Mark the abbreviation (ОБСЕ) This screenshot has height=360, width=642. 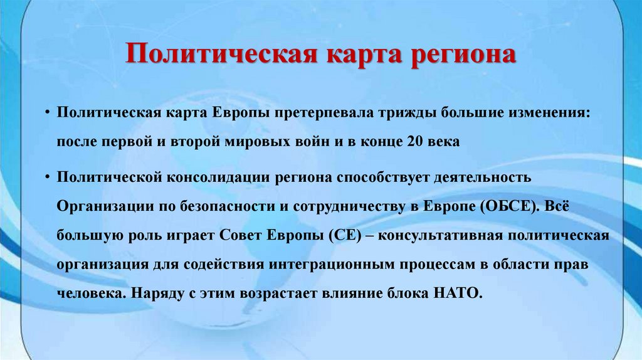tap(508, 206)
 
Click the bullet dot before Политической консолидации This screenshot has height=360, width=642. tap(47, 176)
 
